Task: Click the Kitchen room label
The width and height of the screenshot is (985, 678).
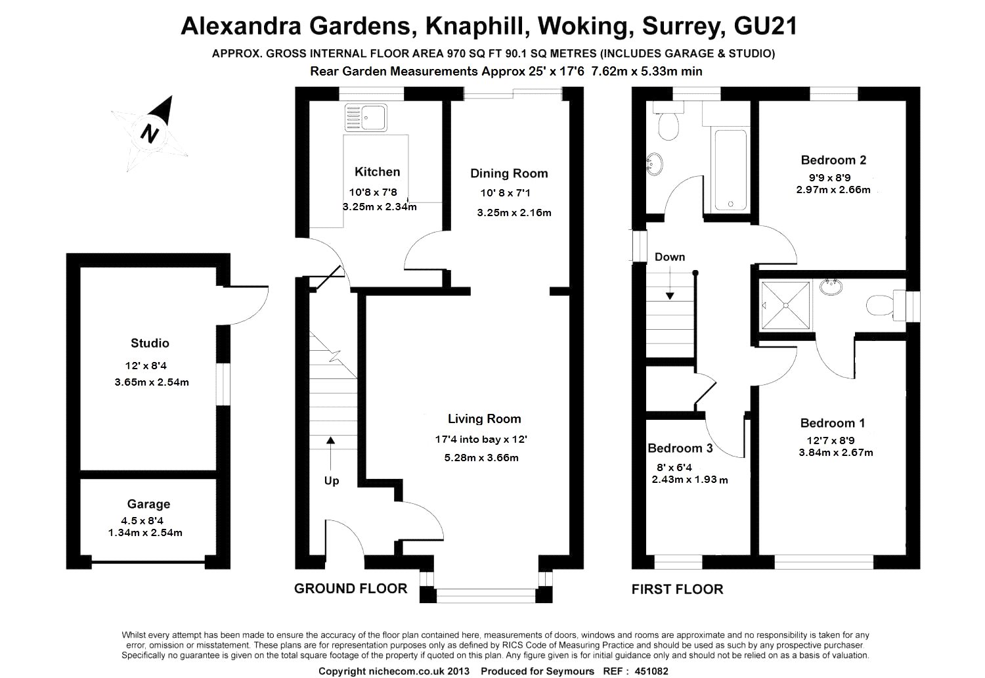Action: (377, 172)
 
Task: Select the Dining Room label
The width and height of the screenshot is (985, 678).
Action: (509, 173)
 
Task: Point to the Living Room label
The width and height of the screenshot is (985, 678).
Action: (484, 419)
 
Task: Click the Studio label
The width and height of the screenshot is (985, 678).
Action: (150, 343)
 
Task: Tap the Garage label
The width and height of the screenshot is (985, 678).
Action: (148, 504)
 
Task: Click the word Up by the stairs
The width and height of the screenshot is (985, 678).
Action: (332, 481)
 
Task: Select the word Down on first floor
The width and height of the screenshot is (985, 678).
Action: (669, 257)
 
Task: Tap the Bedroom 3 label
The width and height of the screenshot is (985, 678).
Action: (680, 449)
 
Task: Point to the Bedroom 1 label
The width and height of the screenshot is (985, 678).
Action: (833, 423)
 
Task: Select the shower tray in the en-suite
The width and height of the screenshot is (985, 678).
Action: (785, 304)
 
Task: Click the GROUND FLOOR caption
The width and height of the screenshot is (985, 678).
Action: (351, 589)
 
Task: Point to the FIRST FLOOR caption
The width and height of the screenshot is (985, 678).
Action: (677, 589)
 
